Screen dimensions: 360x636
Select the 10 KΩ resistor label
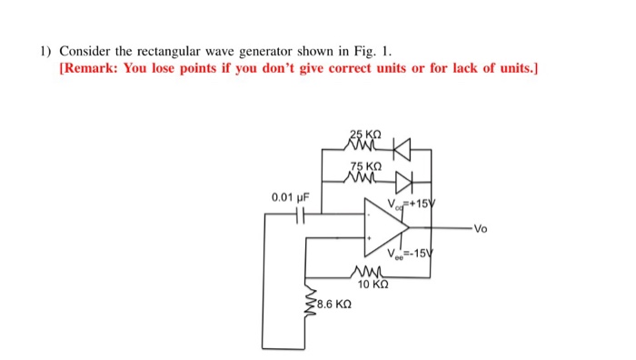(373, 285)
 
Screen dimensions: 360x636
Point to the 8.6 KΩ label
(330, 306)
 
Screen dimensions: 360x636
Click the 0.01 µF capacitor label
(291, 196)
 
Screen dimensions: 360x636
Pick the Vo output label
(480, 229)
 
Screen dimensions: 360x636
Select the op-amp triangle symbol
(382, 228)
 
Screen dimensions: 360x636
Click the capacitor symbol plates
(301, 215)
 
